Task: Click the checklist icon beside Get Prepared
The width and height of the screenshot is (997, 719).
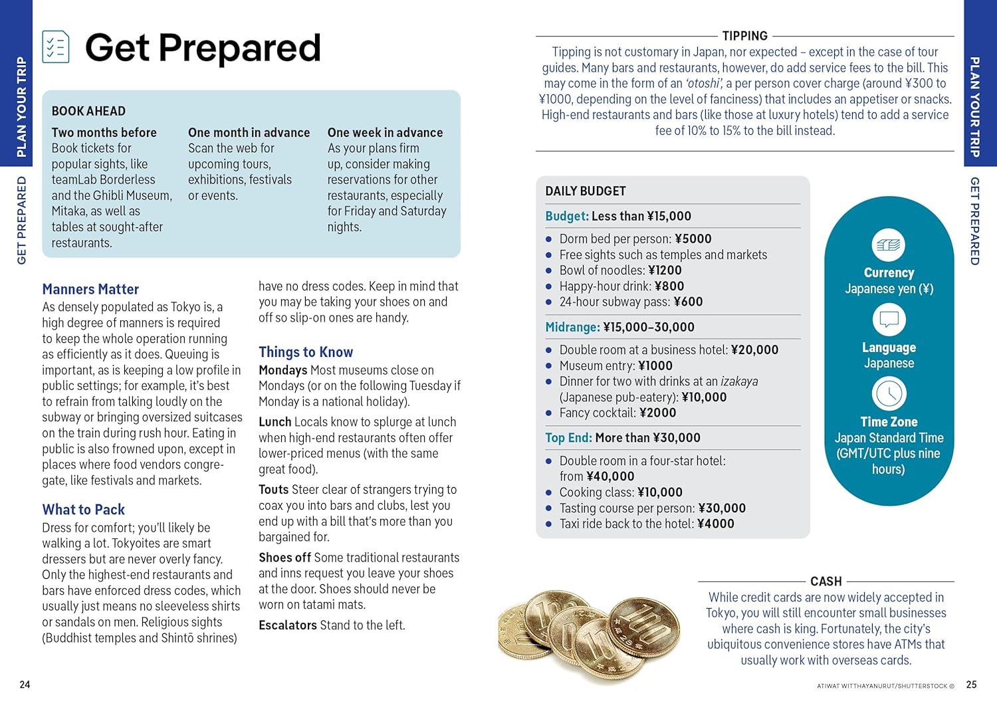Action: click(56, 47)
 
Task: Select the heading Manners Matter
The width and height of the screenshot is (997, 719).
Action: click(90, 289)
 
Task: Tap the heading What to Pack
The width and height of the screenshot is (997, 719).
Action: click(83, 510)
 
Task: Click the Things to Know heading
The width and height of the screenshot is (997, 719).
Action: click(306, 352)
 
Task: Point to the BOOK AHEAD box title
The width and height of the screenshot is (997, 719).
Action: click(88, 111)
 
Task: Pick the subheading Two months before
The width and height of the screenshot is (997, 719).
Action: click(104, 132)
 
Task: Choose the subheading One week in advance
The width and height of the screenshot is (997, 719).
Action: click(385, 132)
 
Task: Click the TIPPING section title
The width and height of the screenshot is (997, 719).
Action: click(744, 36)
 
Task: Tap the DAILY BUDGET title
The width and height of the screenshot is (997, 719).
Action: click(586, 191)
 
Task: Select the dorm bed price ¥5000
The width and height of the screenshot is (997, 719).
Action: click(693, 239)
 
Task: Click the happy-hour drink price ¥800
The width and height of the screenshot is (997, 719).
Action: click(669, 286)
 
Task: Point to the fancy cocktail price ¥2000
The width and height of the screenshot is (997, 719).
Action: click(657, 413)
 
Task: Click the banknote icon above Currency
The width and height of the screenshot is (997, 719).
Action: click(889, 245)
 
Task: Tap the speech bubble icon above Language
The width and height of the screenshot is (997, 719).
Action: click(889, 320)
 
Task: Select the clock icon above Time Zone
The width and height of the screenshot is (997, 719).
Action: click(889, 394)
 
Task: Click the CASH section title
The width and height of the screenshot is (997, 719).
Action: click(826, 581)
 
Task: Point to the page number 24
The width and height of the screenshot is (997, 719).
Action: click(25, 684)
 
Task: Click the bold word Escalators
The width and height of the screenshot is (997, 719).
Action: click(288, 625)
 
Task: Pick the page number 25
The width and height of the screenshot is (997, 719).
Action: click(971, 684)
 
